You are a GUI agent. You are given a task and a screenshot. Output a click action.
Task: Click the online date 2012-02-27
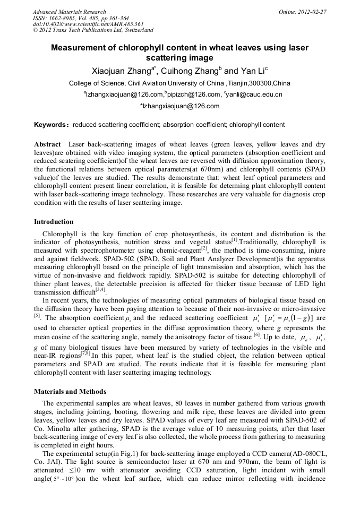[x=311, y=12]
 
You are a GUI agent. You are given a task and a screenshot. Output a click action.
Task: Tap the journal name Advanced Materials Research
[x=69, y=12]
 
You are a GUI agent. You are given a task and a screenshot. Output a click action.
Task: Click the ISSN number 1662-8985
[x=65, y=18]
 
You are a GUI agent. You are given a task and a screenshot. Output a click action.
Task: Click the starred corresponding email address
[x=179, y=106]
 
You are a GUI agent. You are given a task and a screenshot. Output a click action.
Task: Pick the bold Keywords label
[x=51, y=125]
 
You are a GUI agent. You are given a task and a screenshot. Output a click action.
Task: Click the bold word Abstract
[x=48, y=144]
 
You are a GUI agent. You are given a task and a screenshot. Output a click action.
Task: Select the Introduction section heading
[x=54, y=221]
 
